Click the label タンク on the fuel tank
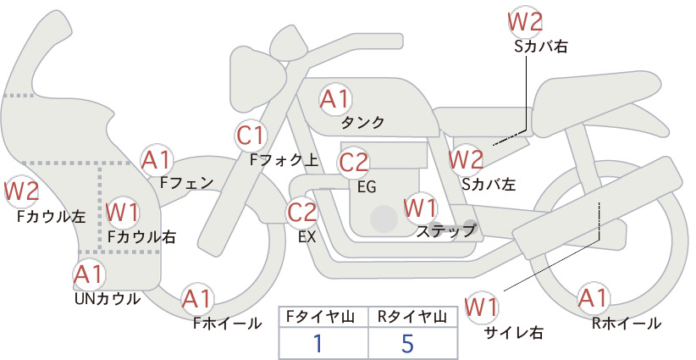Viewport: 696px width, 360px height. click(x=362, y=123)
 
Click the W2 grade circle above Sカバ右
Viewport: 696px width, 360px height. click(x=525, y=20)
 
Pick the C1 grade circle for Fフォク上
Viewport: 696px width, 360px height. click(x=251, y=135)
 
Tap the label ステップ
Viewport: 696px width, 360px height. click(x=445, y=230)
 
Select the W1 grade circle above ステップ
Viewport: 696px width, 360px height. click(x=421, y=207)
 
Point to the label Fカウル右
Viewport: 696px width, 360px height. click(x=141, y=237)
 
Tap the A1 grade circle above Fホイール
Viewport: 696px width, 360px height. click(x=199, y=299)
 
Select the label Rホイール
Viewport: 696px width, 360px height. click(x=627, y=323)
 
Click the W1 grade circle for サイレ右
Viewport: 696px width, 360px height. click(x=482, y=306)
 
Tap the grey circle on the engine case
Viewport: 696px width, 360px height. click(x=384, y=219)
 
